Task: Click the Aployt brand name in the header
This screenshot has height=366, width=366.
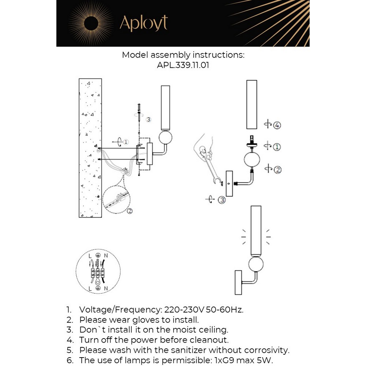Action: (x=143, y=23)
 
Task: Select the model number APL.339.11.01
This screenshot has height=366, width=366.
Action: (x=183, y=66)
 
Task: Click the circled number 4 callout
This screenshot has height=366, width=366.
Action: (x=277, y=126)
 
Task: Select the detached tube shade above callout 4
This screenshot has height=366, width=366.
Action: (x=251, y=104)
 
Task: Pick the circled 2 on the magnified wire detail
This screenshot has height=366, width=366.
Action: (x=130, y=211)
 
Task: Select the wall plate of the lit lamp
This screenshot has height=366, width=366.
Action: (x=239, y=282)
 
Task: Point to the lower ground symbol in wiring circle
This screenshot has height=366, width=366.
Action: (x=98, y=288)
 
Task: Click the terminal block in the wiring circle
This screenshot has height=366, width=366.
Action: (x=97, y=272)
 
